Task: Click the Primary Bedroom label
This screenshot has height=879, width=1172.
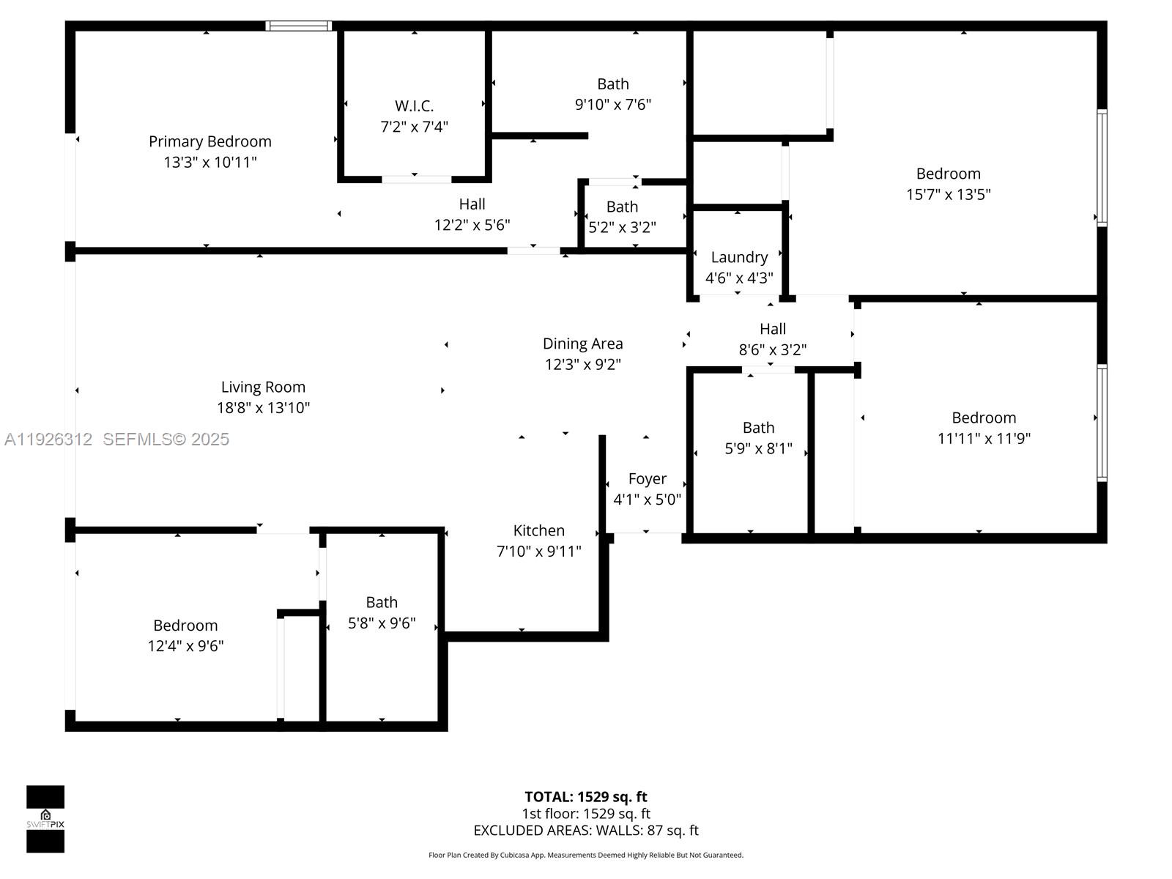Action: coord(209,141)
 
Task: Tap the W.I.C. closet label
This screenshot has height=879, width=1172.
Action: coord(414,106)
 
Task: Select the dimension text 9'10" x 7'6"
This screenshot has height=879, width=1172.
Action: coord(612,105)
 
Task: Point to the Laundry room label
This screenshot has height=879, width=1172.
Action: coord(739,257)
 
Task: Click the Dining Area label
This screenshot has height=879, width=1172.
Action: coord(582,344)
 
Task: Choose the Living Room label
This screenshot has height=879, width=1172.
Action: coord(263,387)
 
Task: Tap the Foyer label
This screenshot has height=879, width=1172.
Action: coord(647,479)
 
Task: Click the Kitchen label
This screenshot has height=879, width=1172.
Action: coord(538,530)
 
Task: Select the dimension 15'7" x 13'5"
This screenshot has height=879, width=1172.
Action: coord(948,194)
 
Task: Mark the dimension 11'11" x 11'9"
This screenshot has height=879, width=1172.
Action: coord(984,438)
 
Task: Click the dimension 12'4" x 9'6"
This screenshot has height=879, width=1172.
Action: coord(185,646)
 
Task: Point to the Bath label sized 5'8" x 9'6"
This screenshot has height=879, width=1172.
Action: coord(382,602)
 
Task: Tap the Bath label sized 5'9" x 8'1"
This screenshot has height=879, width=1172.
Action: coord(758,428)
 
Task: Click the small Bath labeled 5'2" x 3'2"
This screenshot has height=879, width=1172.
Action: coord(622,207)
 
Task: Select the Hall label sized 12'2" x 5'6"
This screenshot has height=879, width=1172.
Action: coord(472,204)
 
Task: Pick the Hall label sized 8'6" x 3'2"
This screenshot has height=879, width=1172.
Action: coord(772,329)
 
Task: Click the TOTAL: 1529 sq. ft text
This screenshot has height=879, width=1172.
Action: coord(585,797)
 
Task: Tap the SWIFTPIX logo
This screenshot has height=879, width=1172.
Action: coord(45,819)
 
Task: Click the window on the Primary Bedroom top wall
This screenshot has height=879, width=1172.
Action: coord(298,26)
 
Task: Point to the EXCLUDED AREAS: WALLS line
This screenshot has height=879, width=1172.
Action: coord(585,831)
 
